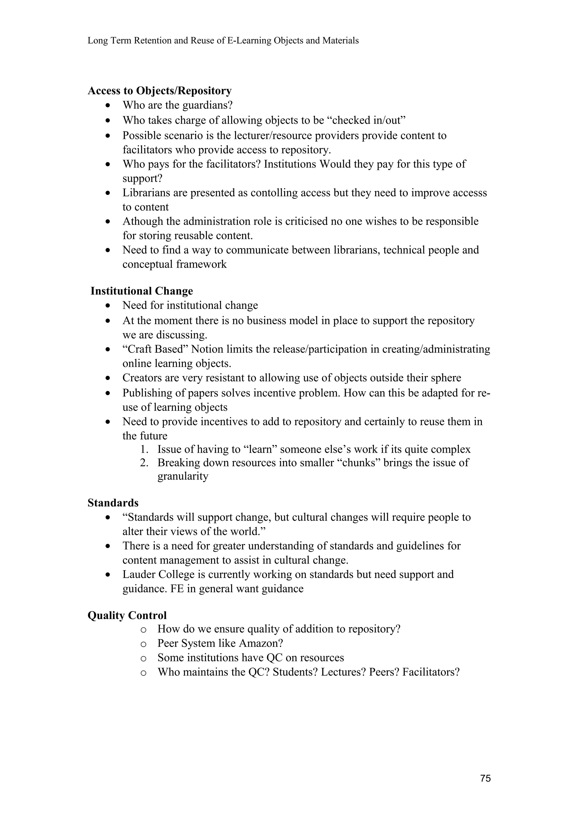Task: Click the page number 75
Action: point(485,778)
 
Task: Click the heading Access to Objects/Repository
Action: point(159,91)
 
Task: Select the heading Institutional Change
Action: point(141,291)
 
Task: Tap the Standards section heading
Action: point(113,503)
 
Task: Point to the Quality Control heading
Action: point(127,615)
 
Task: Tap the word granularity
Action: point(183,476)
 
